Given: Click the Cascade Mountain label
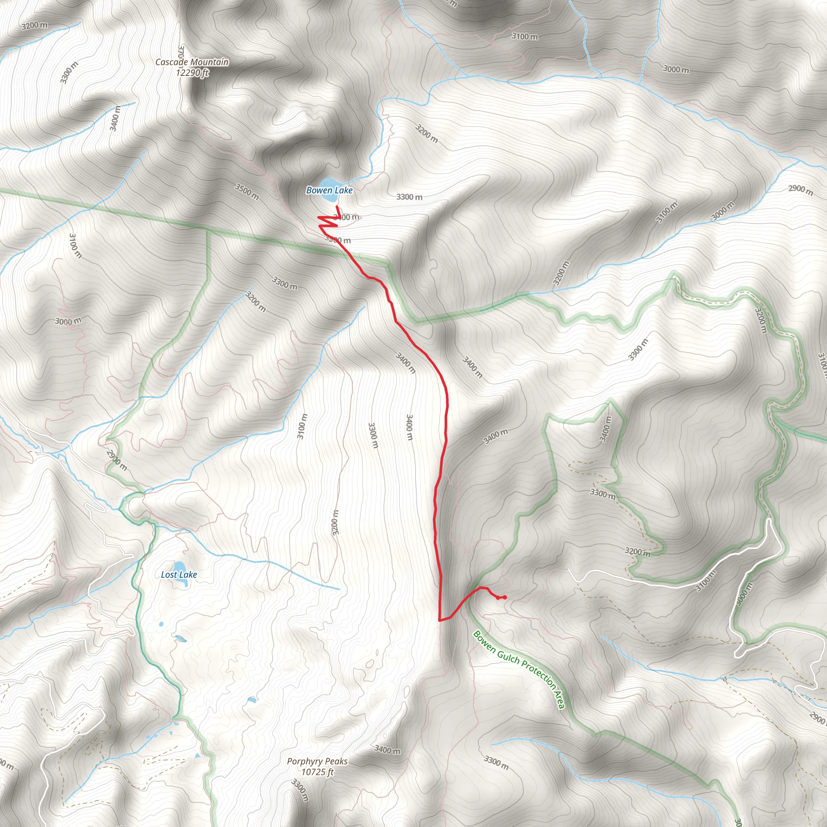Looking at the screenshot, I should point(192,62).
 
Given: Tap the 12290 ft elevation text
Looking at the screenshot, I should point(192,73).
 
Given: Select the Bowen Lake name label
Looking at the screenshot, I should point(329,190).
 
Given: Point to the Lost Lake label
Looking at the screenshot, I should point(179,575).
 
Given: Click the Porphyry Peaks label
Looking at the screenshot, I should point(317,762).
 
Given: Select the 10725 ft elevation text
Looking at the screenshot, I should point(317,772).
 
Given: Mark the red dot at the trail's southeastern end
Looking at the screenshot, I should point(505,598).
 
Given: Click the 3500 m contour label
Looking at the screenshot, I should point(247,191).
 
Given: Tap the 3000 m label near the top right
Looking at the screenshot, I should point(676,69).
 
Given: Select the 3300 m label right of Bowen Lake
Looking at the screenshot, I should point(409,197).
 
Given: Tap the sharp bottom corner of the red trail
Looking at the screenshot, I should point(440,619).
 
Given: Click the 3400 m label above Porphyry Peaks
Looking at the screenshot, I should point(387,749).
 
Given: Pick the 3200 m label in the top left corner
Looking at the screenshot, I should point(34,25).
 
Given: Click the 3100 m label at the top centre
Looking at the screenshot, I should point(525,36).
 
